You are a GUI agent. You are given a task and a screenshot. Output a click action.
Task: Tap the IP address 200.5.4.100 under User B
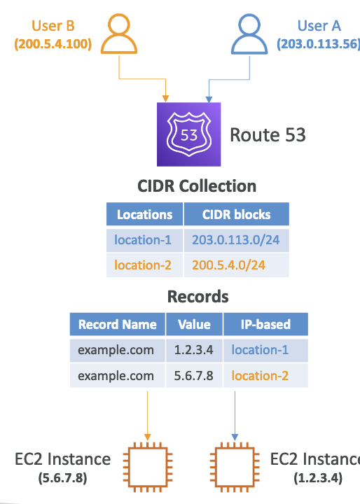coord(53,43)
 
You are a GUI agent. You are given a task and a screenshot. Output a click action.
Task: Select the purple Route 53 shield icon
coord(189,134)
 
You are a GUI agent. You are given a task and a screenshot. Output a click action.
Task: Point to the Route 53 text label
coord(268,134)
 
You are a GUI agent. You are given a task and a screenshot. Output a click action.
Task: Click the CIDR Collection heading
coord(197,186)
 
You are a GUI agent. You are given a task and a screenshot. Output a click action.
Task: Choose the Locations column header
coord(145,214)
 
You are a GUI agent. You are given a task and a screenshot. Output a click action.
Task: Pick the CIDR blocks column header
coord(237,214)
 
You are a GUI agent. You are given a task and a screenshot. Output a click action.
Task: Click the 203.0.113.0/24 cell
coord(236,240)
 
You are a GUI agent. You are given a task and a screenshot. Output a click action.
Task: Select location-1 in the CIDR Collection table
coord(143,240)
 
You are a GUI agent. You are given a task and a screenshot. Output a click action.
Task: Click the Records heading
coord(198,296)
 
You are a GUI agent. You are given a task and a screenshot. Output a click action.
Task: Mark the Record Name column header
coord(118,324)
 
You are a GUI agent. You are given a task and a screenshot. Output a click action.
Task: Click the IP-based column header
coord(265,324)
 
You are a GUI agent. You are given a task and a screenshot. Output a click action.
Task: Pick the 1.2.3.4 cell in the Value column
coord(194,350)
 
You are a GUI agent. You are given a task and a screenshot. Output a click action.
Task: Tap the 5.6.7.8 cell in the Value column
coord(194,375)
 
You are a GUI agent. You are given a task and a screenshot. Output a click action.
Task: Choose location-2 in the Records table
coord(260,375)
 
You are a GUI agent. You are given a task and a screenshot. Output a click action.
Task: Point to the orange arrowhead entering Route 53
coord(165,99)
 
